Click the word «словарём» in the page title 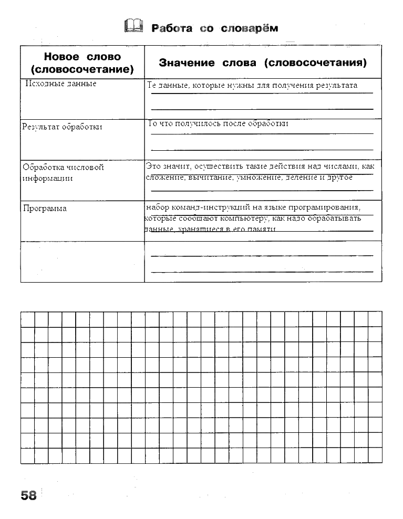(249, 28)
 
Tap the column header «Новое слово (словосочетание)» (82, 63)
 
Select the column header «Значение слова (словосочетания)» (262, 63)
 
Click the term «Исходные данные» (61, 84)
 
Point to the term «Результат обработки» (62, 127)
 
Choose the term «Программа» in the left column (45, 209)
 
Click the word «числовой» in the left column (85, 168)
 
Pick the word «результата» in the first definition (336, 85)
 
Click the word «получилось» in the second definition (200, 124)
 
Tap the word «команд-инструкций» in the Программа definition (208, 207)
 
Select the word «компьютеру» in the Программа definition (243, 218)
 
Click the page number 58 (29, 495)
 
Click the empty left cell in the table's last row (82, 262)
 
